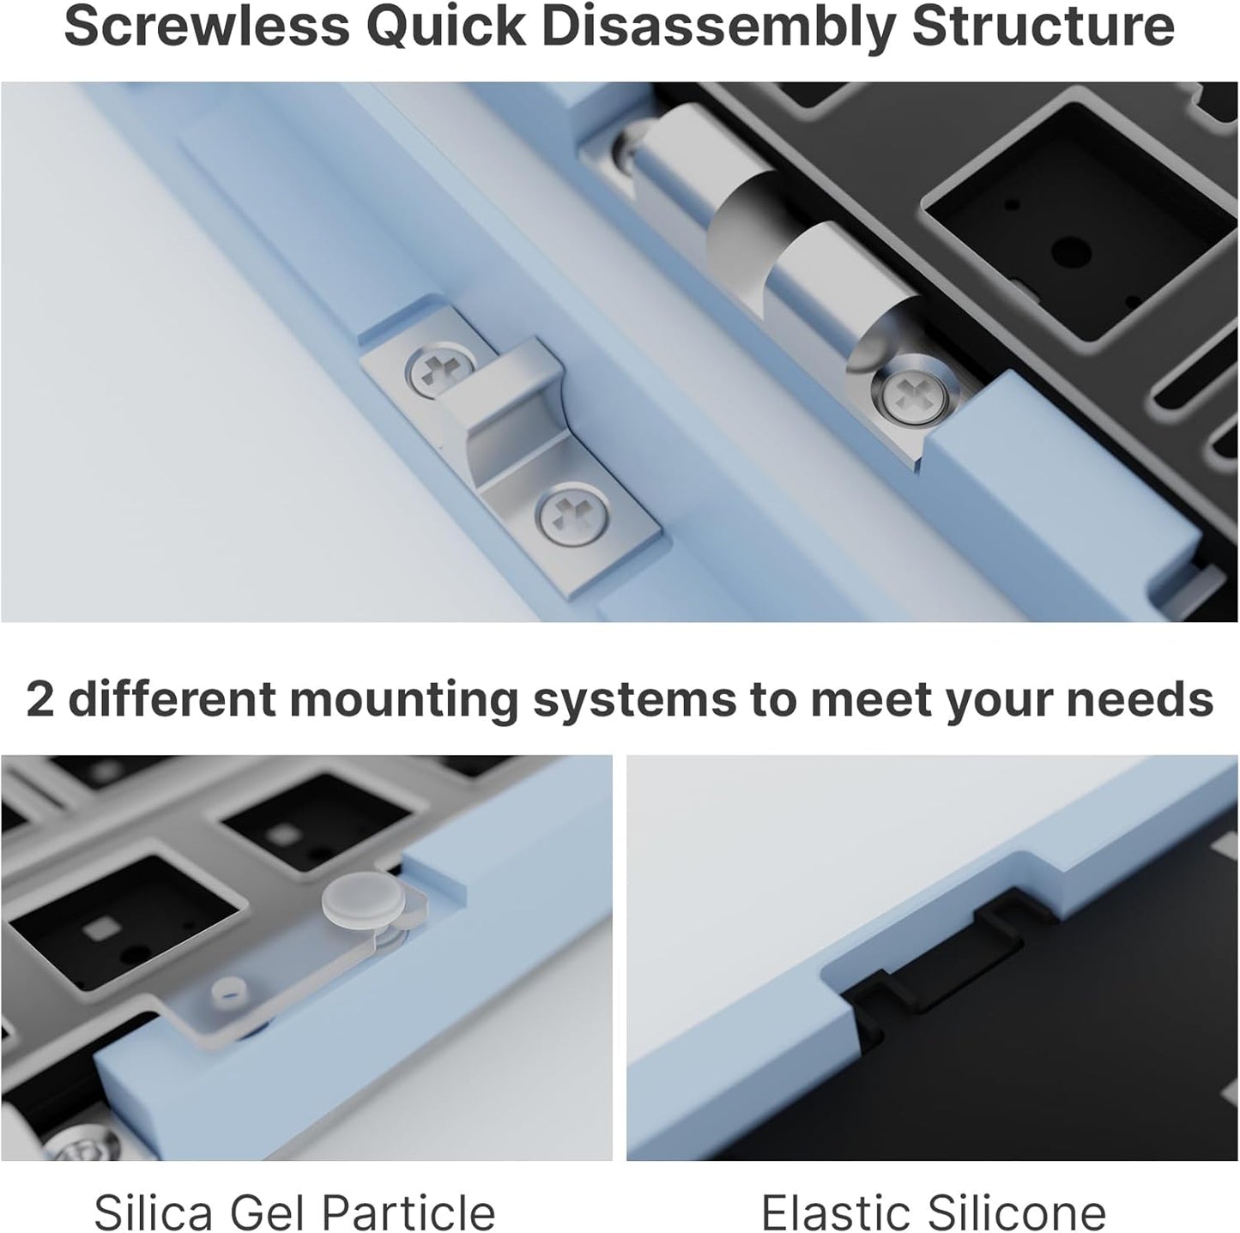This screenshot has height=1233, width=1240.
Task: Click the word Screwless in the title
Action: (207, 27)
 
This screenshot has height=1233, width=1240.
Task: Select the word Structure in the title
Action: (1043, 27)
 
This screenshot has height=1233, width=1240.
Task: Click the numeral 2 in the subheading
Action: (39, 699)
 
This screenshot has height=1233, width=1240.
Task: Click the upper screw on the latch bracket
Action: (439, 376)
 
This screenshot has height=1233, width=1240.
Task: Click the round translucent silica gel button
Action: (364, 902)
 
